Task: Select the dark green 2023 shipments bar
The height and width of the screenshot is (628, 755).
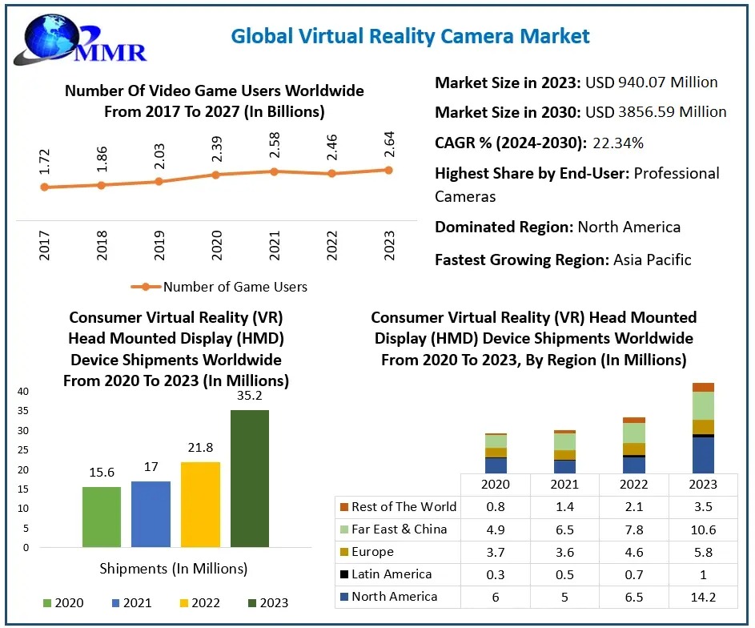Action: (x=250, y=478)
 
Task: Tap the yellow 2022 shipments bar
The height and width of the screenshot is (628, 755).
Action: (x=200, y=505)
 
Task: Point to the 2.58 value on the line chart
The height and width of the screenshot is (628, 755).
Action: (x=274, y=147)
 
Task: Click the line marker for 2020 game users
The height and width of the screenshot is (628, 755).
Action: (x=216, y=174)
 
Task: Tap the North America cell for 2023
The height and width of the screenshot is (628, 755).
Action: (x=704, y=597)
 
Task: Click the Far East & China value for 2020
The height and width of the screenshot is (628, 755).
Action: (x=495, y=529)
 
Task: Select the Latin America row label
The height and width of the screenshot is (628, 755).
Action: (x=392, y=574)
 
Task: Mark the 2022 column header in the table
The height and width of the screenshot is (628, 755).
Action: (x=634, y=485)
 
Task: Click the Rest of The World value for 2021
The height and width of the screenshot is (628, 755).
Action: (x=564, y=507)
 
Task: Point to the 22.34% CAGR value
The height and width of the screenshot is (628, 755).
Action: (x=618, y=143)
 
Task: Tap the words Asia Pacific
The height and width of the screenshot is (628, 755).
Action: (x=652, y=260)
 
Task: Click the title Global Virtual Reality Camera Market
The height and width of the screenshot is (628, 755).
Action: (x=410, y=36)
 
